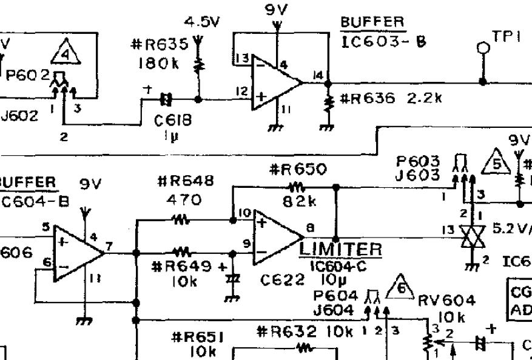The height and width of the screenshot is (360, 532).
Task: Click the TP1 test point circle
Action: point(483,47)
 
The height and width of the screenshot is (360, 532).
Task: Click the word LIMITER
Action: point(342,249)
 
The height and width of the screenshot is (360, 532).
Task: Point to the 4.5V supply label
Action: point(202,22)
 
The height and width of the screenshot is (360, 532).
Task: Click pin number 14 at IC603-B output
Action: point(318,75)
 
